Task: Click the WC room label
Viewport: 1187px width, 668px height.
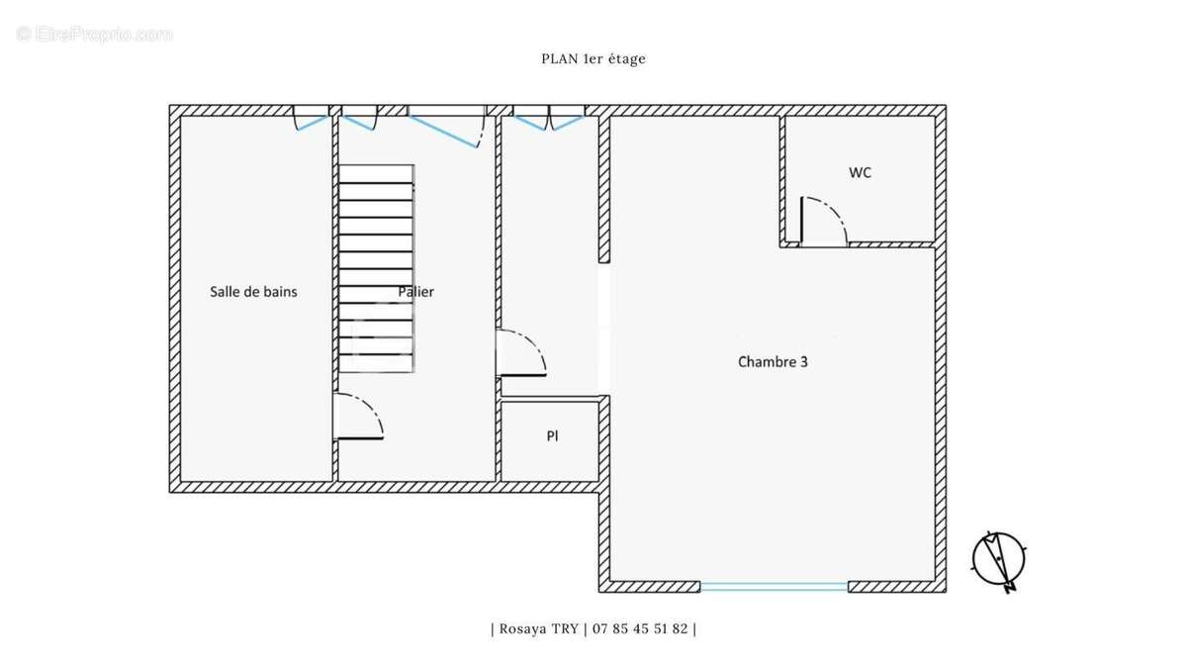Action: pos(860,173)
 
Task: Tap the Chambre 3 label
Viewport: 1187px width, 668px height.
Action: pos(773,362)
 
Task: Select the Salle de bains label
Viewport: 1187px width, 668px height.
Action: pos(253,292)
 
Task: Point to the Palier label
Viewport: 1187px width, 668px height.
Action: pos(416,292)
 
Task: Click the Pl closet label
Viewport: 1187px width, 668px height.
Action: pos(552,435)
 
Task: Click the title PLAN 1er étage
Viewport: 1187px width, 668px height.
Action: pos(593,58)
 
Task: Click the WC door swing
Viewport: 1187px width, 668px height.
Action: pos(823,221)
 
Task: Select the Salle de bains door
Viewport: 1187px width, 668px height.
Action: pos(358,417)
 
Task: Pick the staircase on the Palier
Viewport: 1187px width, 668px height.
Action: pos(376,269)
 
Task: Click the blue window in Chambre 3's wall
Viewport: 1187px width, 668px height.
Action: pos(775,586)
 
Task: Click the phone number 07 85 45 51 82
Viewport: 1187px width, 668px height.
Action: pos(640,628)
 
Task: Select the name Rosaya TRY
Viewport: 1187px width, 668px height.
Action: pos(539,628)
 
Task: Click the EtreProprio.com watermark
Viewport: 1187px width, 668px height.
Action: pos(94,35)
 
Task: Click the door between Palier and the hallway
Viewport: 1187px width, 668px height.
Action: pos(522,353)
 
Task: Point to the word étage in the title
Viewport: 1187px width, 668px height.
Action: pos(627,58)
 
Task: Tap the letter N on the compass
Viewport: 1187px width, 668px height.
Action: pos(1010,588)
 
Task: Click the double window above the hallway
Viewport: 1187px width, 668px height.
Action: pos(548,118)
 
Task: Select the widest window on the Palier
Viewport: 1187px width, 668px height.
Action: pos(446,127)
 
